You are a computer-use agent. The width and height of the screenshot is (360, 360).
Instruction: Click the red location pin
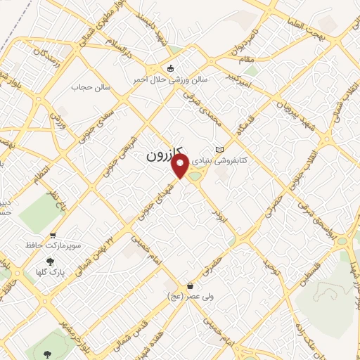point(181,166)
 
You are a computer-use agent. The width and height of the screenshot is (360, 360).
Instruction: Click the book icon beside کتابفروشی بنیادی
point(220,149)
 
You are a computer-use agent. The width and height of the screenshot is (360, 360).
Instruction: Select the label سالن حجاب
point(88,89)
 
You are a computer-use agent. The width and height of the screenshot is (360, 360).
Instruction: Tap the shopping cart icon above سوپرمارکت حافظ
point(53,236)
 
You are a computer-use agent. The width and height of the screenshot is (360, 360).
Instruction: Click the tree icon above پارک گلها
point(48,260)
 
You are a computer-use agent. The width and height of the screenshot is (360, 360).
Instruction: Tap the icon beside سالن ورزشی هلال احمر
point(170,67)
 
